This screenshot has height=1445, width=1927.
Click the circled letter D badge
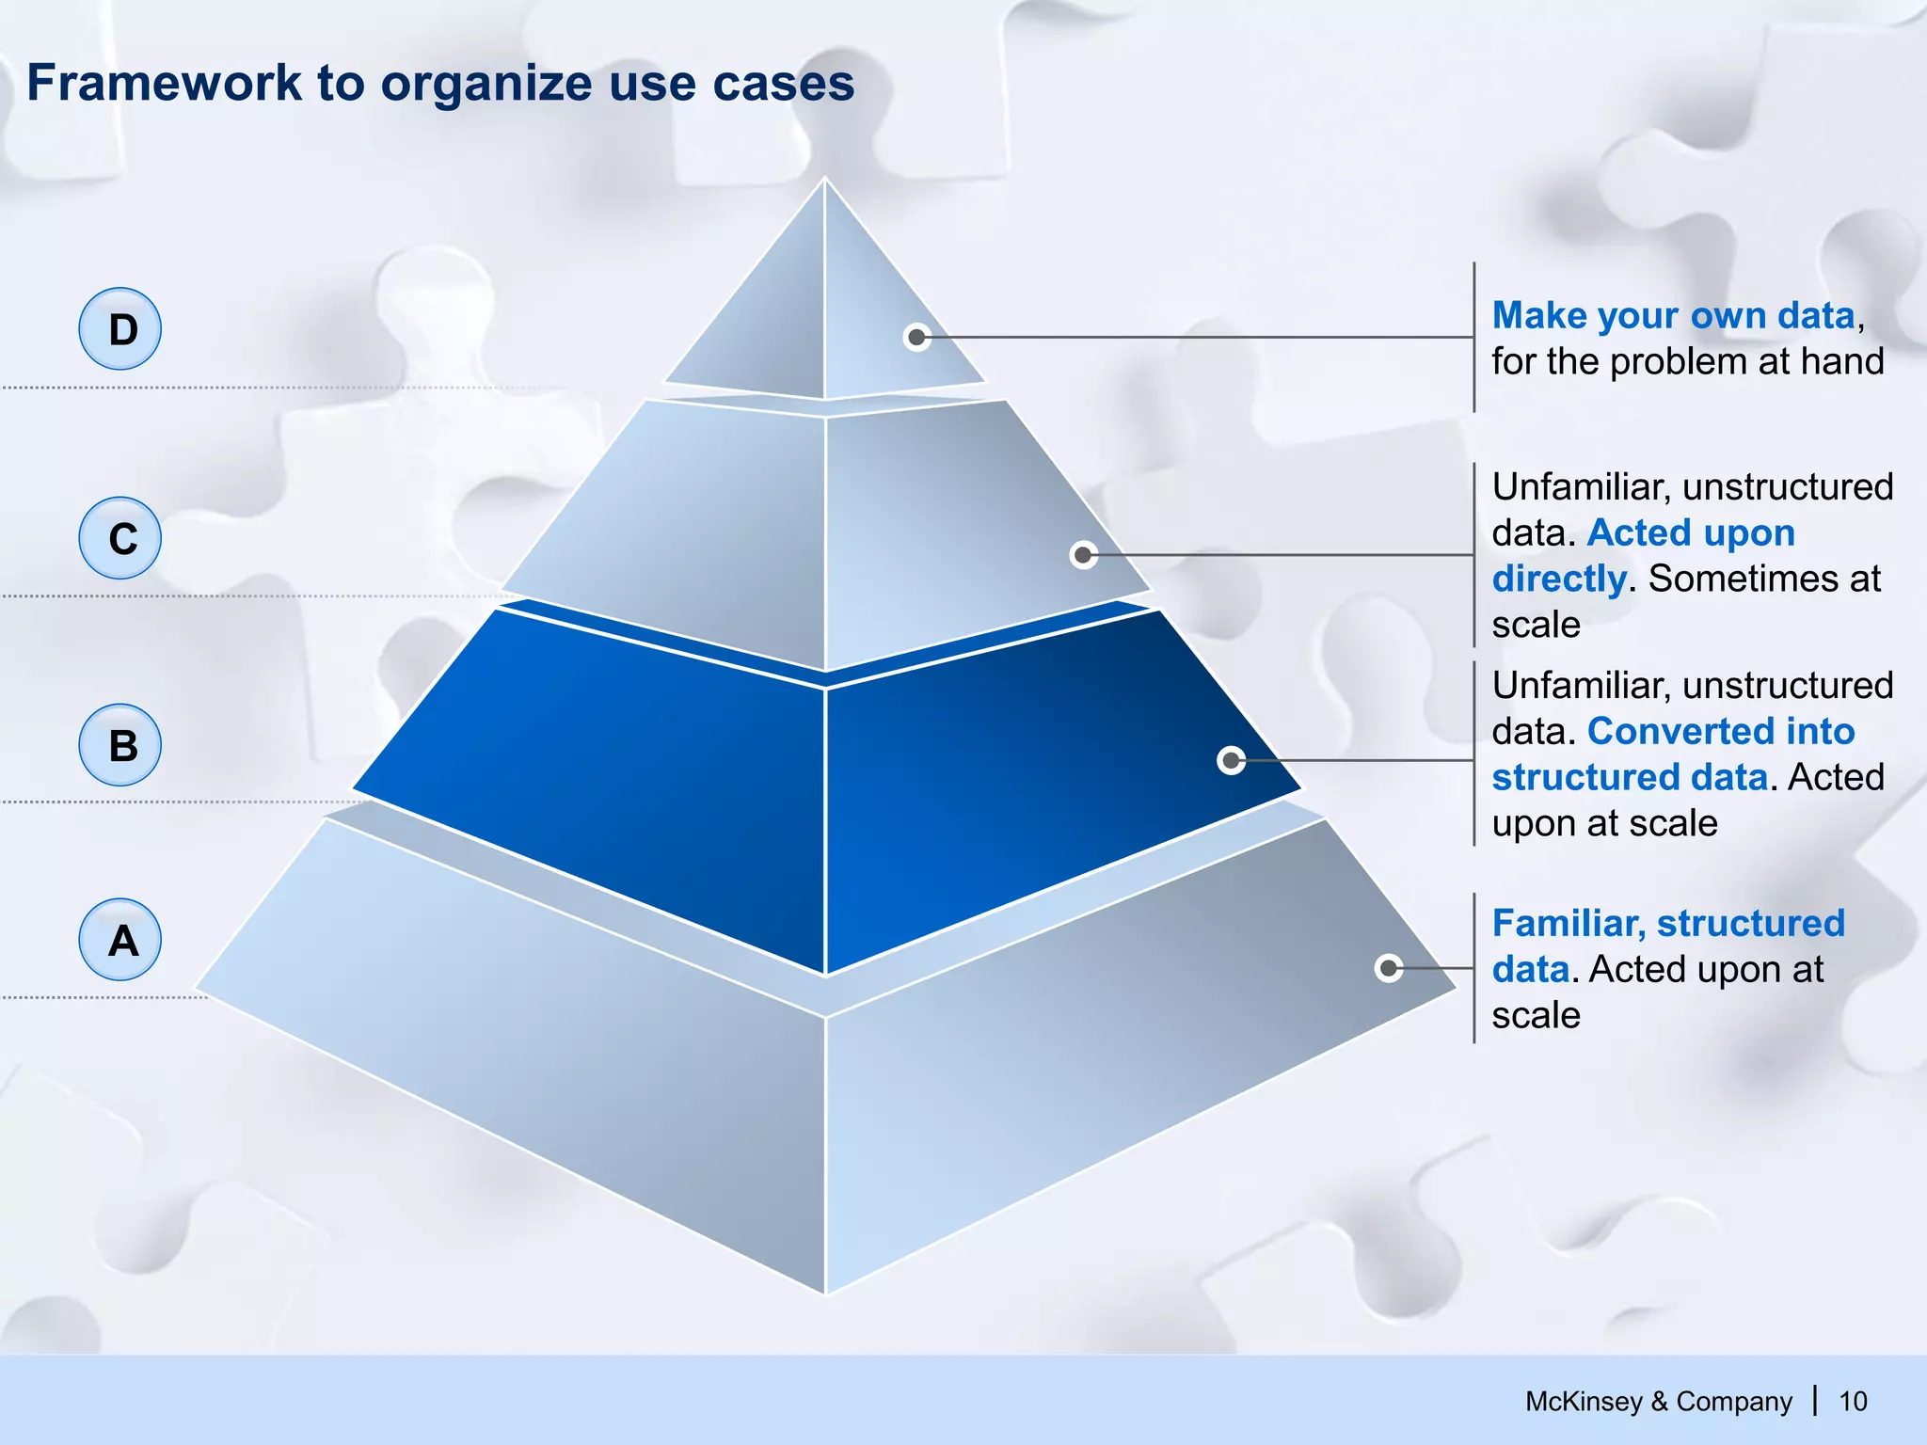(x=120, y=328)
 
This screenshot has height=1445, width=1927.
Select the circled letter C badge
(x=120, y=538)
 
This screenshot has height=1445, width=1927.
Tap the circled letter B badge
(x=120, y=745)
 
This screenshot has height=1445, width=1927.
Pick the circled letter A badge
(x=120, y=940)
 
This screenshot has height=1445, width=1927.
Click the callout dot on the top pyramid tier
(x=916, y=337)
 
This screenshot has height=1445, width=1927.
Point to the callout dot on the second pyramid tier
(x=1083, y=555)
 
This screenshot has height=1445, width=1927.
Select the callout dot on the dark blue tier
(x=1231, y=760)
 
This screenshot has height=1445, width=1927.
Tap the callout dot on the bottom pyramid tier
(x=1389, y=968)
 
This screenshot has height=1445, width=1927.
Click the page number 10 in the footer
(x=1853, y=1402)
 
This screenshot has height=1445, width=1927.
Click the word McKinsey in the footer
(x=1583, y=1402)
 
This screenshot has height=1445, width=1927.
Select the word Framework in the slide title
(x=165, y=83)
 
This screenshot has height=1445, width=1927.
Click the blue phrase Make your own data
(x=1673, y=316)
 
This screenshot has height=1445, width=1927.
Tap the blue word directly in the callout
(x=1559, y=579)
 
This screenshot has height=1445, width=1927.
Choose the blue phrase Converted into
(x=1721, y=731)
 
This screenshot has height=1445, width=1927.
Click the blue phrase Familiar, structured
(x=1668, y=923)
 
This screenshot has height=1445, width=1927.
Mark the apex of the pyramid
(x=825, y=179)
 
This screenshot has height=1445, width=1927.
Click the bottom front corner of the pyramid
(x=825, y=1294)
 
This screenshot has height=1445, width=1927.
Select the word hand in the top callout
(x=1841, y=361)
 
